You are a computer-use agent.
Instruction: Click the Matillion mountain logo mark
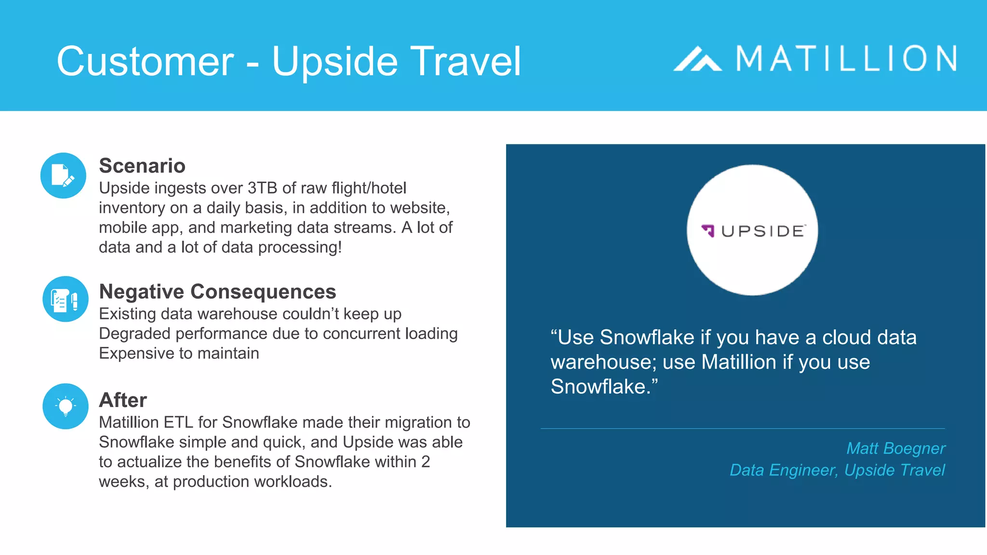(x=697, y=59)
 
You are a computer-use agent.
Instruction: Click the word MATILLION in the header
(x=846, y=59)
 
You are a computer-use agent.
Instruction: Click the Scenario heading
(x=142, y=166)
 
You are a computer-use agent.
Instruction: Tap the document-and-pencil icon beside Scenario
(x=63, y=175)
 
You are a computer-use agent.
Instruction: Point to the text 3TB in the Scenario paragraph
(x=263, y=188)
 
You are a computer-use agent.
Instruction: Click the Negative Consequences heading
(x=217, y=291)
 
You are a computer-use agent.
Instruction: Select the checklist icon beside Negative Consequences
(x=65, y=299)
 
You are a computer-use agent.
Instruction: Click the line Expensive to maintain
(x=179, y=353)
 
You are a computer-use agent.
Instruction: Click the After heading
(x=123, y=400)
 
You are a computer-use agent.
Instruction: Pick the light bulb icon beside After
(x=65, y=406)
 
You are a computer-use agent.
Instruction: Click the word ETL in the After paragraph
(x=178, y=422)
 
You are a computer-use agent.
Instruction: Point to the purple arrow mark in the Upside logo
(x=708, y=231)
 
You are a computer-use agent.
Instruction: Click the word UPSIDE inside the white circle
(x=763, y=231)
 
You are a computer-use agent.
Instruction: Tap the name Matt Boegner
(x=895, y=449)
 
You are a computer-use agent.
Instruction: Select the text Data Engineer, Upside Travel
(x=837, y=470)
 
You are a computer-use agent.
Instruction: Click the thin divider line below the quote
(x=742, y=428)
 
